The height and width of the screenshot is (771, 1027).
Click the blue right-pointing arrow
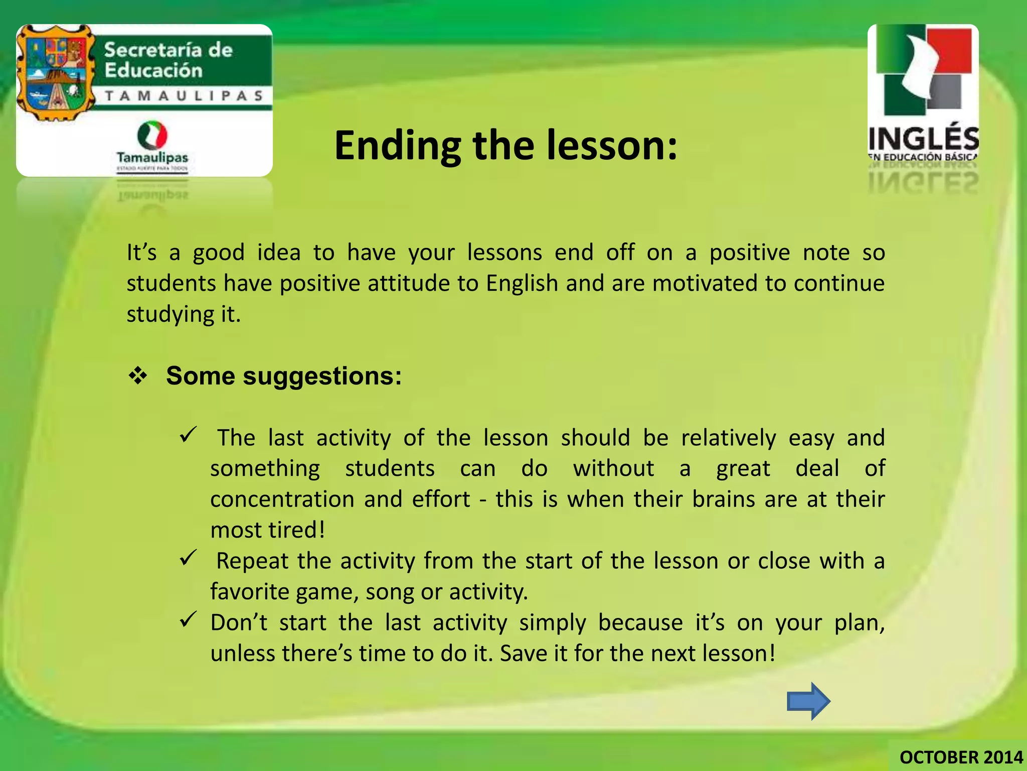tap(808, 701)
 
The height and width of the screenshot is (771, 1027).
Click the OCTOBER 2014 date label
tap(961, 757)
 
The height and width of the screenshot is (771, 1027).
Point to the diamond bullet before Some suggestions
tap(138, 376)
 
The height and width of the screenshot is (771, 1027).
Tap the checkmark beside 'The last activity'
tap(189, 434)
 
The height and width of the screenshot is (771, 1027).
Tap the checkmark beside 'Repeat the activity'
tap(189, 557)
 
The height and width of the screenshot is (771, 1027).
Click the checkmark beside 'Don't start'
tap(189, 620)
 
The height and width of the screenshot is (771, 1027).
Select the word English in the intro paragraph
tap(522, 283)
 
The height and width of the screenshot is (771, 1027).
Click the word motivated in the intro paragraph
tap(705, 283)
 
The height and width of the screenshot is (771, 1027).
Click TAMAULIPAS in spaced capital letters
tap(184, 95)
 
